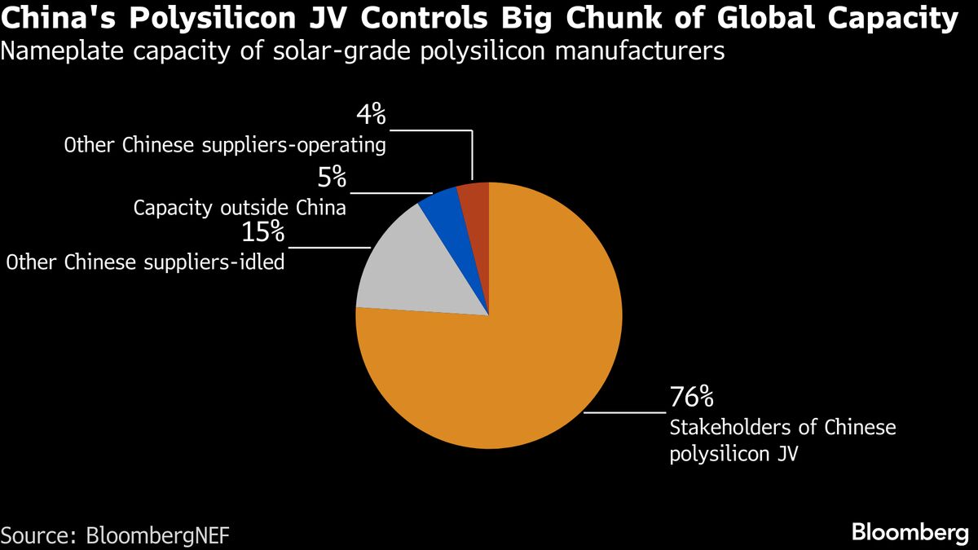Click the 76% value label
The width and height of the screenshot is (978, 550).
tap(691, 398)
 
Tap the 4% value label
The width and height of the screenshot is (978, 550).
tap(371, 115)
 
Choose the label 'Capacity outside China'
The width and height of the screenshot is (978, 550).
tap(240, 208)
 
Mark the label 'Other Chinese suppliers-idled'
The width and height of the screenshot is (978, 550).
tap(145, 262)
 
